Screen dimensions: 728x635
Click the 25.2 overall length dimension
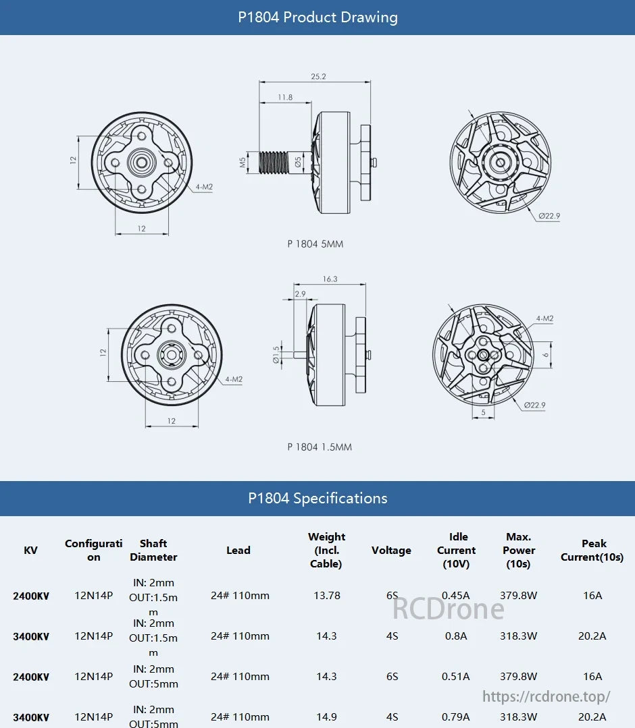(x=318, y=77)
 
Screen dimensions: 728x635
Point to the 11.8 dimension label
(x=285, y=97)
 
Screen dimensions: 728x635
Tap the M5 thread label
(x=243, y=162)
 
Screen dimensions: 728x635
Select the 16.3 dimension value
(x=330, y=279)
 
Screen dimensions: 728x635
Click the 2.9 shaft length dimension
(x=300, y=293)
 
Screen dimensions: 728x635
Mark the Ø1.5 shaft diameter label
(x=276, y=354)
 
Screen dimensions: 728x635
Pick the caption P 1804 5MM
(x=315, y=244)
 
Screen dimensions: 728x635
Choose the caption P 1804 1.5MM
(x=320, y=447)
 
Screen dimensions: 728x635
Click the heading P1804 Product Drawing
(x=317, y=18)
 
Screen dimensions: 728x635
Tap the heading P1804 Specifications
(x=317, y=499)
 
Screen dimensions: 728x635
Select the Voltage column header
(x=391, y=551)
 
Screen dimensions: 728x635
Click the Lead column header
(x=238, y=551)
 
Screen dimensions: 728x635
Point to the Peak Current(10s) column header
(x=592, y=551)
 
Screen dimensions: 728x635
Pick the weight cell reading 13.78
(x=326, y=595)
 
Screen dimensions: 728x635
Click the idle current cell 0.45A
(x=456, y=595)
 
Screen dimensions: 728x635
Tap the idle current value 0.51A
(x=456, y=676)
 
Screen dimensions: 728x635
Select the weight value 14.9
(x=326, y=717)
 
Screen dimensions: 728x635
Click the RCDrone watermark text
(x=449, y=609)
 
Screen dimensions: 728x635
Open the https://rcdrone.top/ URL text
(x=547, y=696)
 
